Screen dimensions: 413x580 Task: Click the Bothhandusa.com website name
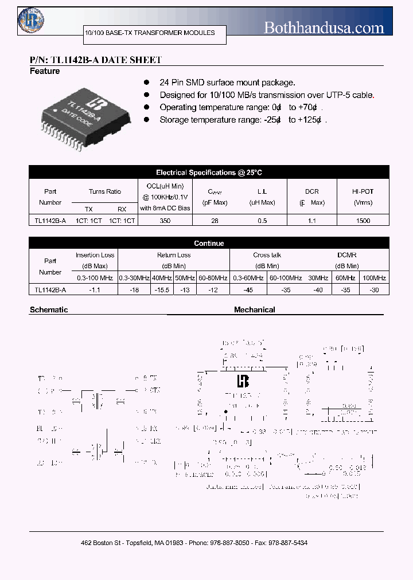point(324,27)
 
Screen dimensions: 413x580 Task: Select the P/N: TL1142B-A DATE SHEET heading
point(95,60)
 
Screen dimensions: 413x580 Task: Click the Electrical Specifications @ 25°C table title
point(209,173)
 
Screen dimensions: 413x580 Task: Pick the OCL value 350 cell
point(165,220)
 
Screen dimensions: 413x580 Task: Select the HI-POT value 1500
point(363,220)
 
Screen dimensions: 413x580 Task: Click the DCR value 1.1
point(312,220)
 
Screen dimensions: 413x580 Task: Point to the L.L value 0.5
point(262,220)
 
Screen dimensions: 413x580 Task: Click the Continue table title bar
point(209,244)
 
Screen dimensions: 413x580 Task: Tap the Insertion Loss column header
point(95,255)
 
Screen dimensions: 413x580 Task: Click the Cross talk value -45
point(248,291)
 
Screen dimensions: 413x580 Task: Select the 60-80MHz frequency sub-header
point(212,278)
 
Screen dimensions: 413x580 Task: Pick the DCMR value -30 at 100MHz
point(374,291)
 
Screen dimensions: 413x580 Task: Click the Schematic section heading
point(49,309)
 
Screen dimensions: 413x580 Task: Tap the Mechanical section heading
point(255,309)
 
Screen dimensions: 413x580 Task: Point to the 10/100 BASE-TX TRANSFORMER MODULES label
point(150,33)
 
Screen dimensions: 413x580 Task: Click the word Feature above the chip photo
point(45,71)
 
